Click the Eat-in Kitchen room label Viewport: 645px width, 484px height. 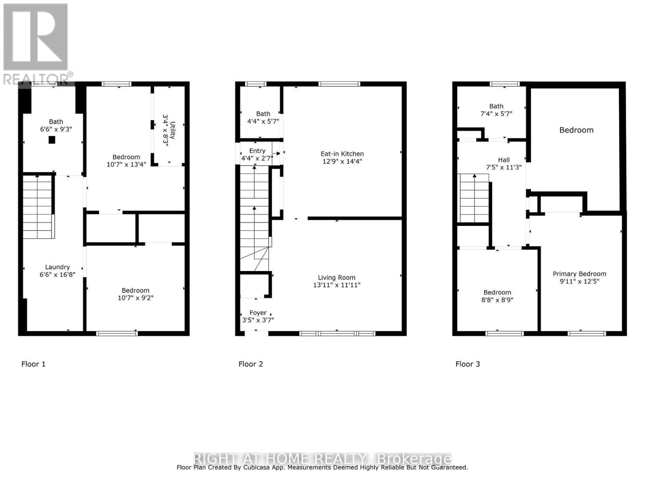tap(342, 154)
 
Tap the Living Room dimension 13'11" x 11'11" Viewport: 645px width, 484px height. tap(337, 285)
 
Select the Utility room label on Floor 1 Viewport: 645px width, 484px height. tap(173, 130)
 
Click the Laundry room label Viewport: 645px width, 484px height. tap(57, 267)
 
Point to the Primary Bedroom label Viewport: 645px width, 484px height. tap(579, 274)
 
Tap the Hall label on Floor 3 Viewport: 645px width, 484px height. tap(504, 160)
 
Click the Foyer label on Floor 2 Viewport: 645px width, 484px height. tap(258, 313)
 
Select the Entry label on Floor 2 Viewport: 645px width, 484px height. tap(257, 151)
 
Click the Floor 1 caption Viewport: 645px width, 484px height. tap(33, 364)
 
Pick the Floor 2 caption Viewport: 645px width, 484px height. tap(251, 364)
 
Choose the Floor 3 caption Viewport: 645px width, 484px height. tap(468, 364)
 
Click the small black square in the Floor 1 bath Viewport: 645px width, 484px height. tap(52, 140)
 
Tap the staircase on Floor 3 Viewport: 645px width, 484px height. tap(474, 198)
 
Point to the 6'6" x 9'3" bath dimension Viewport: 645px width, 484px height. tap(56, 129)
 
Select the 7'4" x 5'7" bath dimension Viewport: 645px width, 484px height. tap(496, 113)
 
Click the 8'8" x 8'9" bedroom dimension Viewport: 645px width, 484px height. tap(497, 300)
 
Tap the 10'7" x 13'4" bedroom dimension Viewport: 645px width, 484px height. tap(126, 164)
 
